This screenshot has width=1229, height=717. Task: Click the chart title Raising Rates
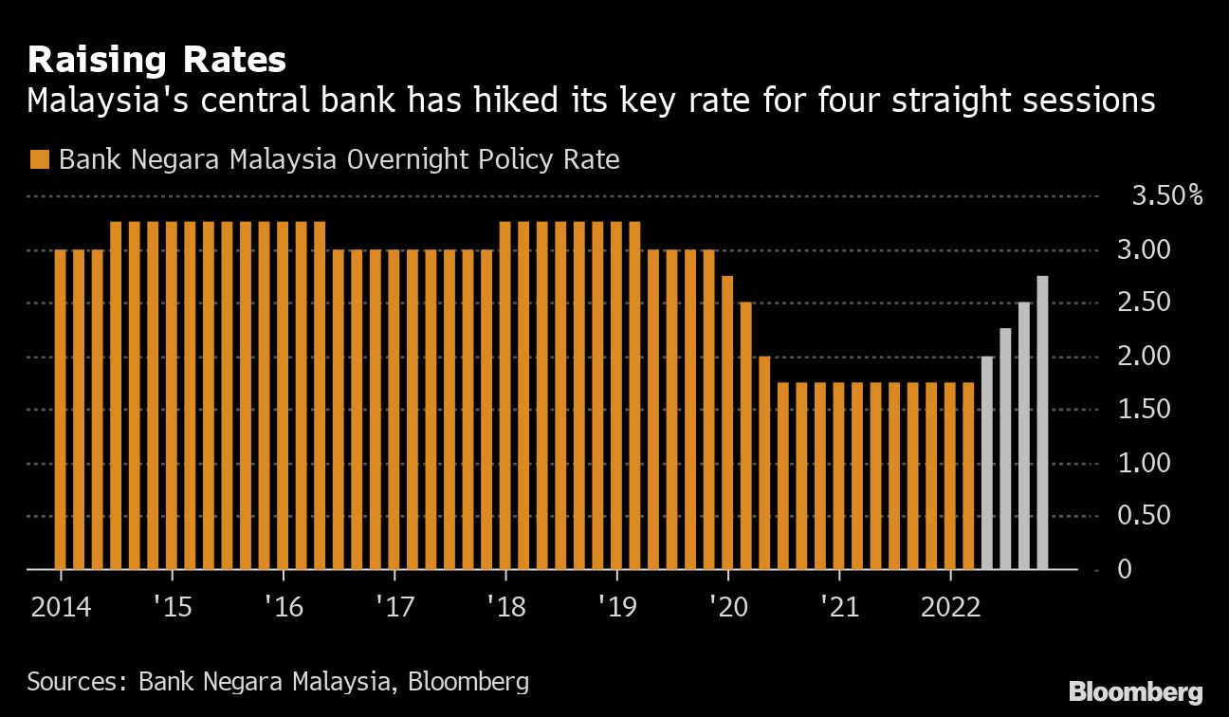pyautogui.click(x=156, y=61)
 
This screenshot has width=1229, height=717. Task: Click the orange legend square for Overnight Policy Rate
pyautogui.click(x=39, y=159)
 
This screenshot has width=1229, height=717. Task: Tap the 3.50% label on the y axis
pyautogui.click(x=1166, y=197)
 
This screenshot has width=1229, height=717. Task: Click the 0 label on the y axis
pyautogui.click(x=1125, y=570)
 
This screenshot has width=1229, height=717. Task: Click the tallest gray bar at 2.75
pyautogui.click(x=1042, y=422)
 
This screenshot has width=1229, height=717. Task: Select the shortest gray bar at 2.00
pyautogui.click(x=986, y=463)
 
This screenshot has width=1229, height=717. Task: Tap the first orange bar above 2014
pyautogui.click(x=61, y=410)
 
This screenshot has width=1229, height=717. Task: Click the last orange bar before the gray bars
pyautogui.click(x=968, y=476)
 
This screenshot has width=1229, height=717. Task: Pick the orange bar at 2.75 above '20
pyautogui.click(x=727, y=422)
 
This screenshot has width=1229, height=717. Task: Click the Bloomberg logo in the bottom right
pyautogui.click(x=1135, y=691)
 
